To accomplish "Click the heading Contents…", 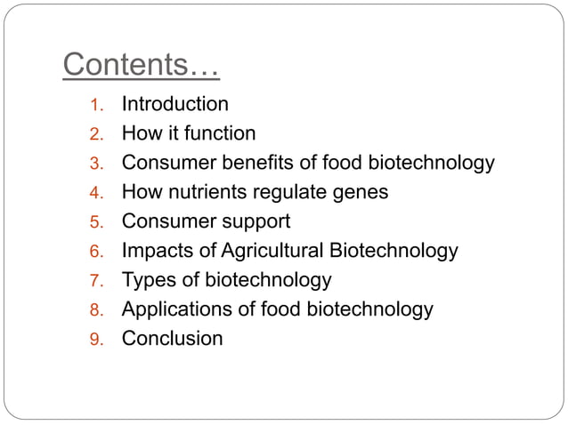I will (142, 65).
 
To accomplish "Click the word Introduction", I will (174, 105).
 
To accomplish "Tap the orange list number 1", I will (97, 106).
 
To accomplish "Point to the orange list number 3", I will (97, 164).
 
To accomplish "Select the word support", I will (256, 222).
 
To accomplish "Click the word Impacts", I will (155, 252).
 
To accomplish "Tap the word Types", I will (149, 281).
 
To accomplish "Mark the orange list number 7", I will (97, 282).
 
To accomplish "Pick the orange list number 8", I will (97, 311).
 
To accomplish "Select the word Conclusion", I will (172, 339).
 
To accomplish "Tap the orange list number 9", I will (97, 340).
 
